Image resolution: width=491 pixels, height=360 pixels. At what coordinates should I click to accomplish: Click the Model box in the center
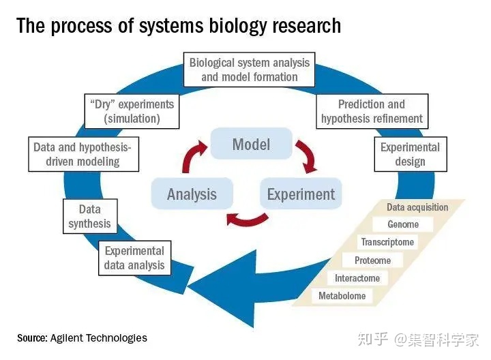pos(251,145)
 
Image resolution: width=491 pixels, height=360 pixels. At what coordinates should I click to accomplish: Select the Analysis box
pos(192,194)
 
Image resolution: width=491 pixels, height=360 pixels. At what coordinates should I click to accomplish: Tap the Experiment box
pos(301,194)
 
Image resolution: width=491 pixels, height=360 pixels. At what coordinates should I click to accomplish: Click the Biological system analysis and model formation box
pos(250,70)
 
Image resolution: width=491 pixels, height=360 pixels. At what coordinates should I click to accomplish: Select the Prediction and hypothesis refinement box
pos(372,111)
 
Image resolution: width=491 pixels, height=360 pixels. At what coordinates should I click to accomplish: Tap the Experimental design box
pos(410,154)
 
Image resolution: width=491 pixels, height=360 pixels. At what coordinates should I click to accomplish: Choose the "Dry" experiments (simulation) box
pos(132,111)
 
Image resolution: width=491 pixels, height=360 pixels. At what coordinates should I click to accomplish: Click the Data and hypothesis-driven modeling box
pos(83,154)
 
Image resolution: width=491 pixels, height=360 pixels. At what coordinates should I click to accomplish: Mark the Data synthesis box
pos(89,216)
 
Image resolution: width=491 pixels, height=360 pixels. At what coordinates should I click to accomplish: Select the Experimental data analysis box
pos(134,258)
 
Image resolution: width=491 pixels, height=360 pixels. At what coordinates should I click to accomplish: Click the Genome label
pos(403,224)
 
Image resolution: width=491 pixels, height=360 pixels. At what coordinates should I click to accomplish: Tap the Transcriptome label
pos(387,242)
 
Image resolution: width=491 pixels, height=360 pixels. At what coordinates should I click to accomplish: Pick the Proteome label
pos(372,260)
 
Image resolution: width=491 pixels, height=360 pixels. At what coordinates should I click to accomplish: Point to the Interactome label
pos(357,278)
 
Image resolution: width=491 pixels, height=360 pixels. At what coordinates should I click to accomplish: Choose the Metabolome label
pos(342,296)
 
